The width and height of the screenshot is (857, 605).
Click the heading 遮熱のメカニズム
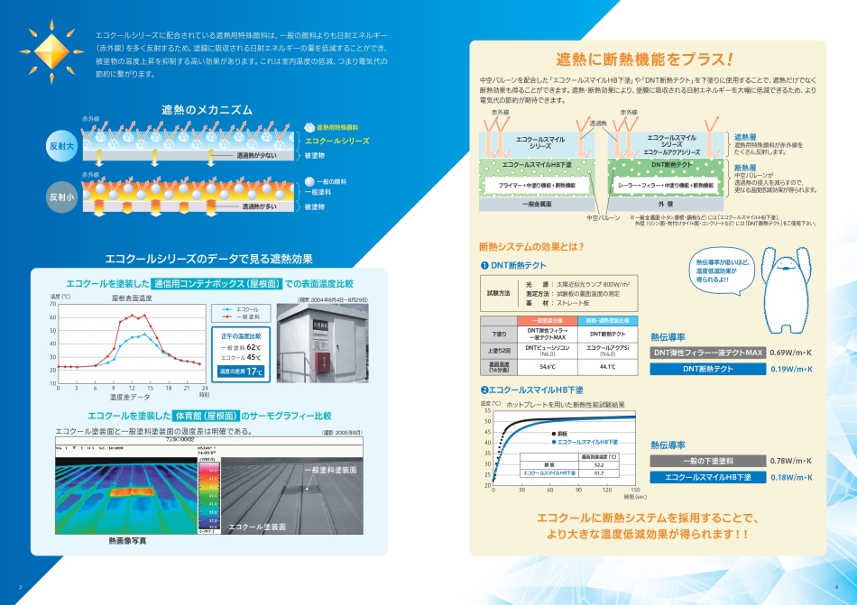click(207, 109)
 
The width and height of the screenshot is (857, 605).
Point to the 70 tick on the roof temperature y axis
click(52, 304)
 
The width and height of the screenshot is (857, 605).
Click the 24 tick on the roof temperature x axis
click(205, 388)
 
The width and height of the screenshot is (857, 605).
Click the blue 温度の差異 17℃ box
click(242, 371)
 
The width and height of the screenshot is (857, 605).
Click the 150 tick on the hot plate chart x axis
click(635, 490)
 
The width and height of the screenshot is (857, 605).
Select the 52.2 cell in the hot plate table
click(598, 465)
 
